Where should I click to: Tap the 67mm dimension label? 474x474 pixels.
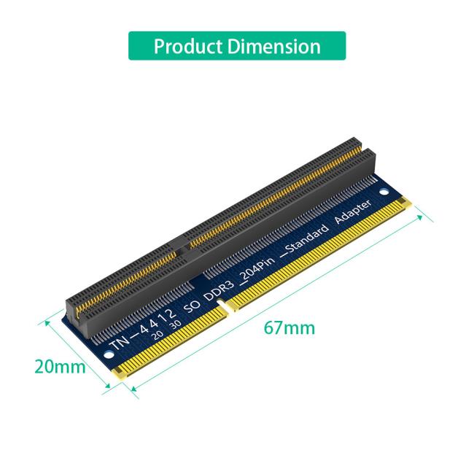(290, 327)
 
